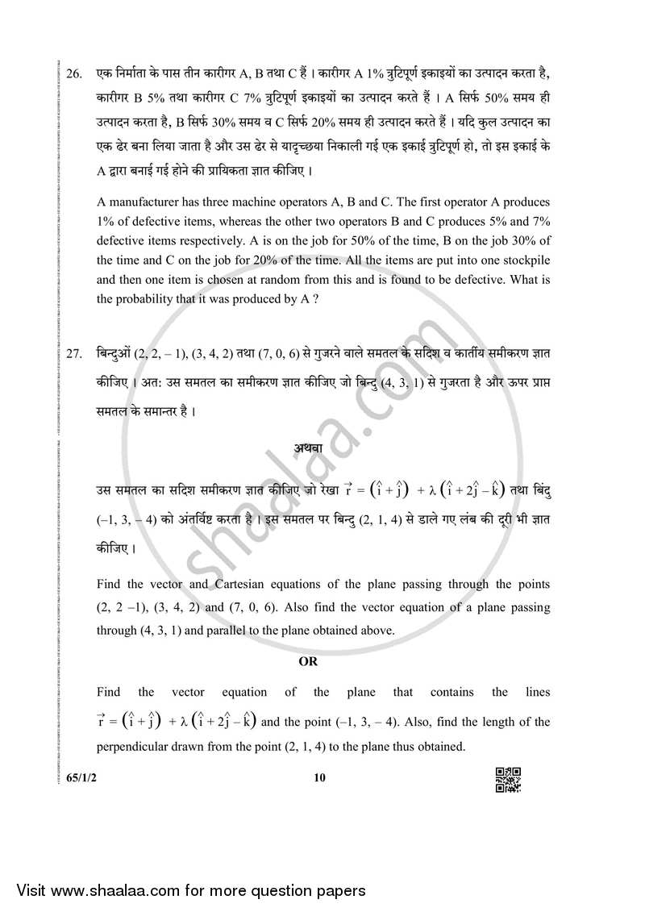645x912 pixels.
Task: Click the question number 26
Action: click(x=74, y=74)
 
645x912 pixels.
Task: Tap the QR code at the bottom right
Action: click(x=508, y=780)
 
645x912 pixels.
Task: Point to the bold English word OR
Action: click(x=309, y=661)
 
